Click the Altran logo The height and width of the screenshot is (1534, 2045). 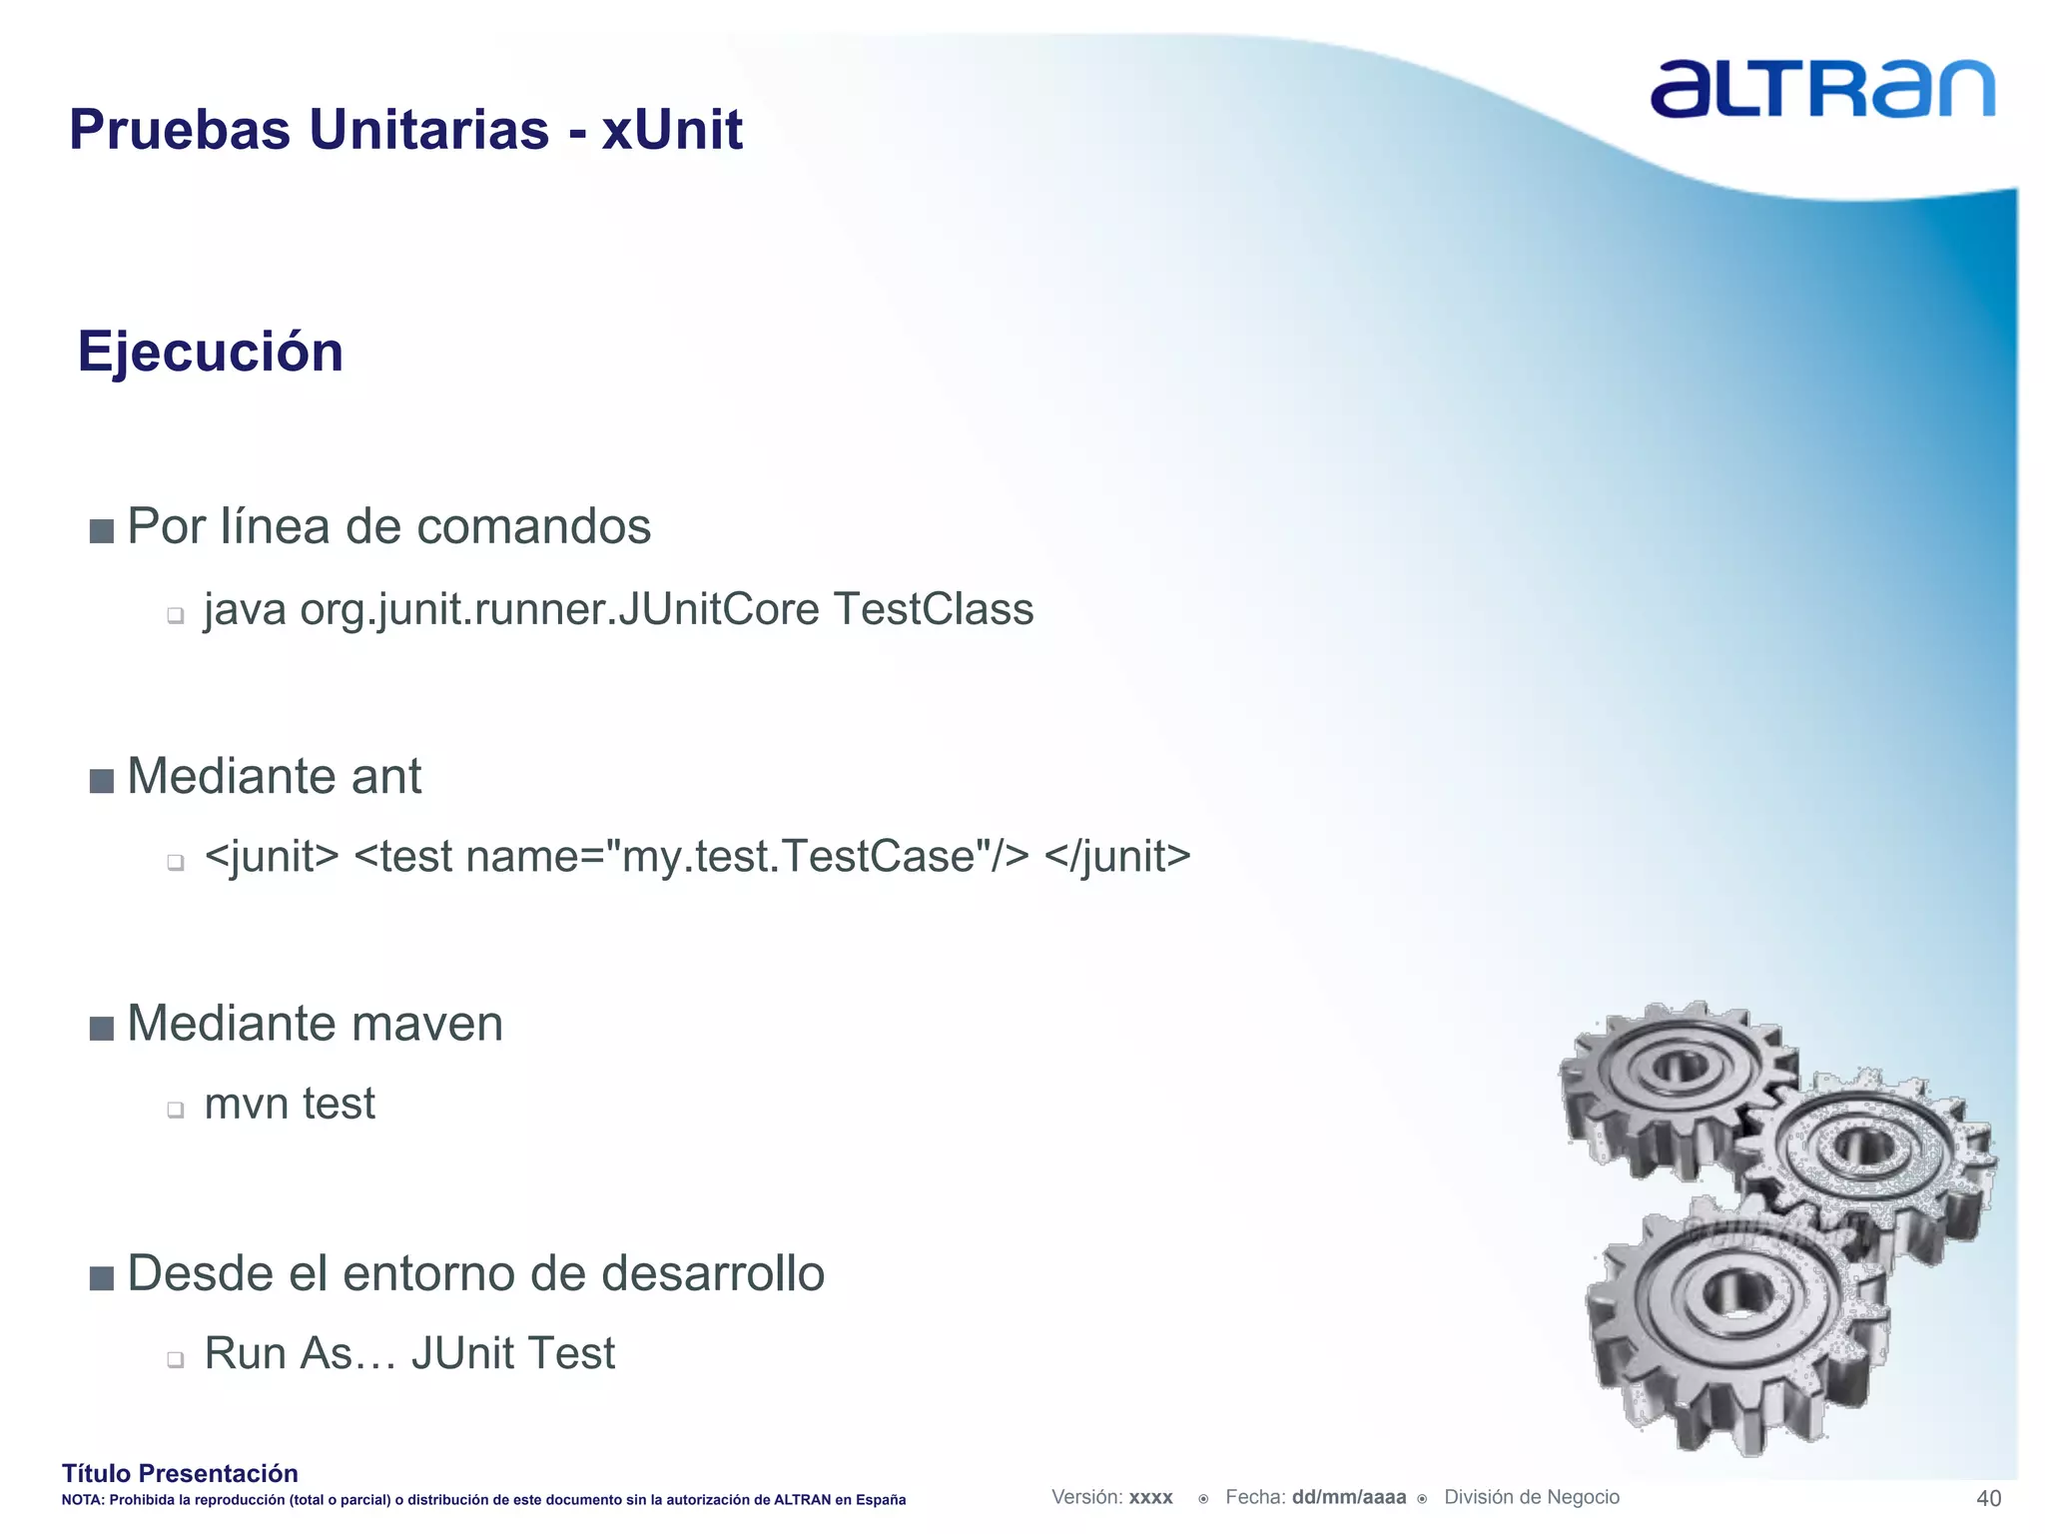click(x=1821, y=90)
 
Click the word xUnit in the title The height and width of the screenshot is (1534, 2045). click(x=672, y=130)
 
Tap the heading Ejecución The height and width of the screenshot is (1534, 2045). click(x=211, y=352)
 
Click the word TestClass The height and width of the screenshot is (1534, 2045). click(x=934, y=609)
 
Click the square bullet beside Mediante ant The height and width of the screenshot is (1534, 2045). click(x=102, y=780)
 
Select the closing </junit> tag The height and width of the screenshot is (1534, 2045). click(x=1117, y=857)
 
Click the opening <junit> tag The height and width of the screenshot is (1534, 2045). click(x=272, y=857)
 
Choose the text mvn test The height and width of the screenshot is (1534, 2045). click(x=290, y=1104)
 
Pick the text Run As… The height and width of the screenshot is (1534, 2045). click(x=300, y=1353)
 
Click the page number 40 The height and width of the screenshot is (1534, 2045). click(x=1988, y=1498)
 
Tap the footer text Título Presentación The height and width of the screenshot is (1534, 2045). click(x=180, y=1473)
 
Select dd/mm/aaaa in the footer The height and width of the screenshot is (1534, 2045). click(x=1349, y=1497)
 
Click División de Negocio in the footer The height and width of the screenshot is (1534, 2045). click(x=1532, y=1497)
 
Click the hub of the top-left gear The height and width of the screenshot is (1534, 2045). click(x=1681, y=1067)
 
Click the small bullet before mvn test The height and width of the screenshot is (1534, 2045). click(x=176, y=1110)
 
